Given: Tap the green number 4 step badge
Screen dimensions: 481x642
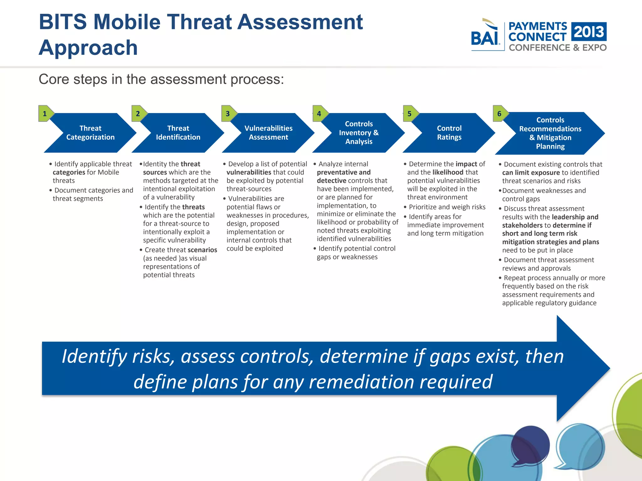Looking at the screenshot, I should click(319, 114).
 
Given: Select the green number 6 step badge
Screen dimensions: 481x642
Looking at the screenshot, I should click(499, 114).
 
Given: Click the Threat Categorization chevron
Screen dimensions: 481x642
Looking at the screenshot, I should click(90, 133).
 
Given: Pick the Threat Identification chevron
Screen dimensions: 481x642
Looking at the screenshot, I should click(178, 133).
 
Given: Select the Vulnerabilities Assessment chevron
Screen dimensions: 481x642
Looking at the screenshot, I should click(268, 133).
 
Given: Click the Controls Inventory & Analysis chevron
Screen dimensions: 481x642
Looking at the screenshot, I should click(359, 133).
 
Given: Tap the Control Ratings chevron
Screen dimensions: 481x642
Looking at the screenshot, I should click(449, 133).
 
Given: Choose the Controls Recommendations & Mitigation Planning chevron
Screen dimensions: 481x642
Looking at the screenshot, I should click(550, 133).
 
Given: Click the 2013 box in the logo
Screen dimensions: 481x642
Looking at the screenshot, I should click(589, 32).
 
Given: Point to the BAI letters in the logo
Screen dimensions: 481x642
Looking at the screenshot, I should click(485, 39).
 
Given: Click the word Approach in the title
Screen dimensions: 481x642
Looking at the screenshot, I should click(88, 48).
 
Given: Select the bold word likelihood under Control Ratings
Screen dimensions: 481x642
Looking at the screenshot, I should click(448, 172).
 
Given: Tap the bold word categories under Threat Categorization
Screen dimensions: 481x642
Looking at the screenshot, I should click(69, 172).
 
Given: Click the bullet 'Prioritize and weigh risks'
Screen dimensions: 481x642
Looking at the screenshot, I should click(447, 207).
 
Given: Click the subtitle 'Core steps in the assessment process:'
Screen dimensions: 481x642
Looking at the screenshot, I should click(161, 79).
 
